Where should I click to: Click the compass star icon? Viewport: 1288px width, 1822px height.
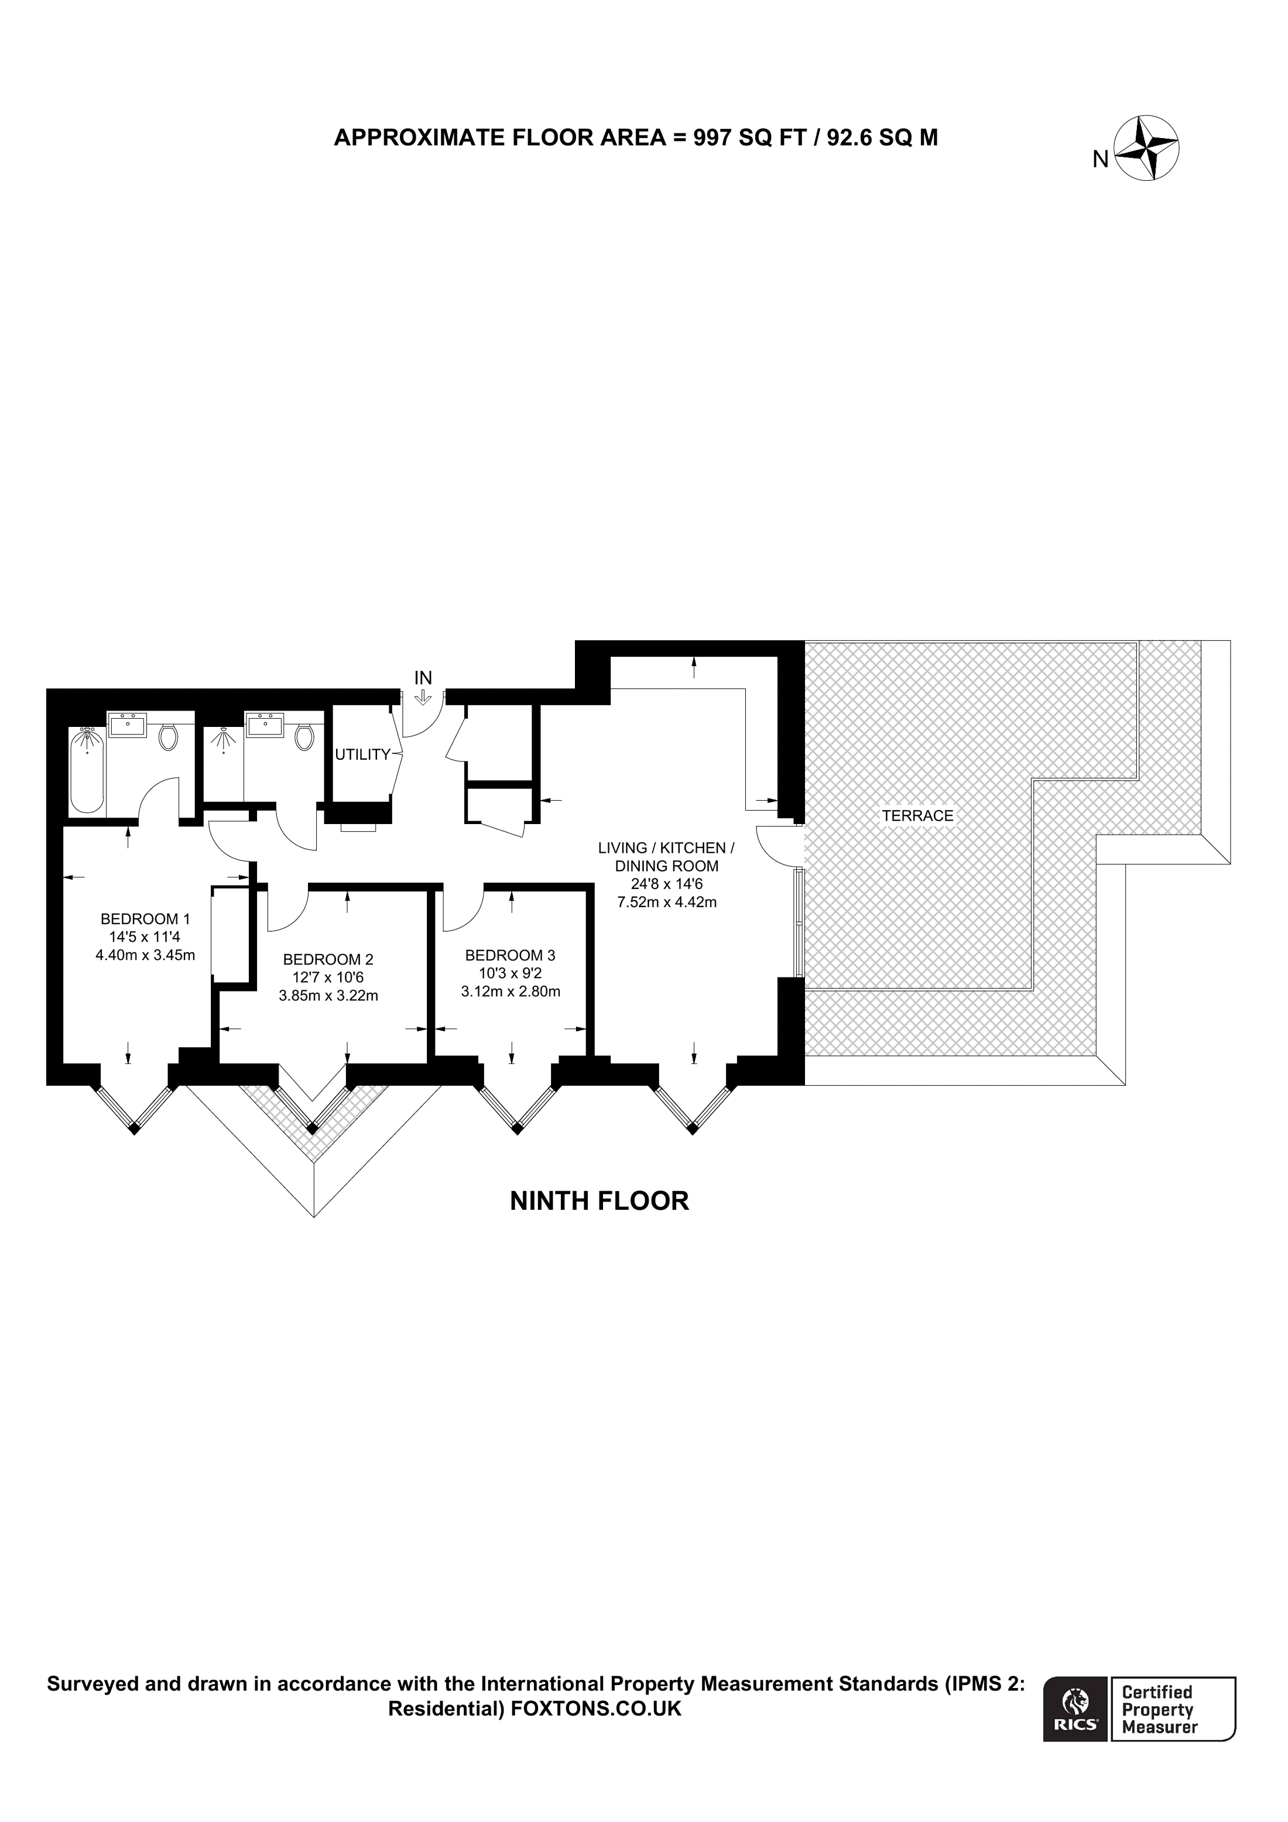pyautogui.click(x=1147, y=149)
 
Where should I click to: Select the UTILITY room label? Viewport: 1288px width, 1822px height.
pyautogui.click(x=362, y=754)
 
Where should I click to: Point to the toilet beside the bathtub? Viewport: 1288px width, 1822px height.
pyautogui.click(x=167, y=738)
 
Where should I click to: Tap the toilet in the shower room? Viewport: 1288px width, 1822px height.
pyautogui.click(x=303, y=738)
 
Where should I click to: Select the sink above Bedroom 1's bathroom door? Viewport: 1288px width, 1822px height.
pyautogui.click(x=127, y=725)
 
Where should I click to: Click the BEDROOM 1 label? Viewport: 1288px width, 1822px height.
pyautogui.click(x=145, y=919)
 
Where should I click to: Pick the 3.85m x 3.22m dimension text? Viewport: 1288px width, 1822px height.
pyautogui.click(x=328, y=995)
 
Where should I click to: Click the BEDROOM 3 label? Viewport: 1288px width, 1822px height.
pyautogui.click(x=511, y=955)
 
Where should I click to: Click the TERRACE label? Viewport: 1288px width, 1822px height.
pyautogui.click(x=917, y=816)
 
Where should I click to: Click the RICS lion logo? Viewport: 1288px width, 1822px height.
pyautogui.click(x=1075, y=1706)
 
